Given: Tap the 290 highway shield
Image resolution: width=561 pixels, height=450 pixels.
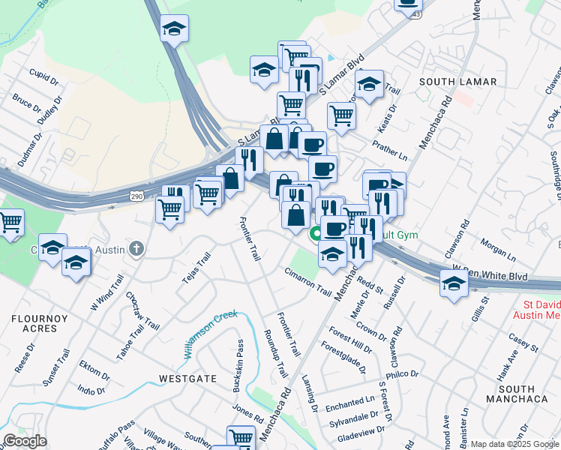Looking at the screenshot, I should (x=136, y=196).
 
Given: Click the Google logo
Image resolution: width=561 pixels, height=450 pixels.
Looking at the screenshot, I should (x=25, y=441).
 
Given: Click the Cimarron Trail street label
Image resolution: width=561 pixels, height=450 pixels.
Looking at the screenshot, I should (x=307, y=280).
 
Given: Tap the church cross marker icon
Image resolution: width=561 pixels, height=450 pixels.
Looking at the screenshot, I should (x=136, y=248).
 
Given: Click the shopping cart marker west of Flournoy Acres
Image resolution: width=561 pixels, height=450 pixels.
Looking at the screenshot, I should (x=10, y=223).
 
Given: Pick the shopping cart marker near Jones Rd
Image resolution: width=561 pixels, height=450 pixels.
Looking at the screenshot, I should (x=241, y=437).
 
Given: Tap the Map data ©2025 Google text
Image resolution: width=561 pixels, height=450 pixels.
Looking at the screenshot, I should (x=514, y=444).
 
